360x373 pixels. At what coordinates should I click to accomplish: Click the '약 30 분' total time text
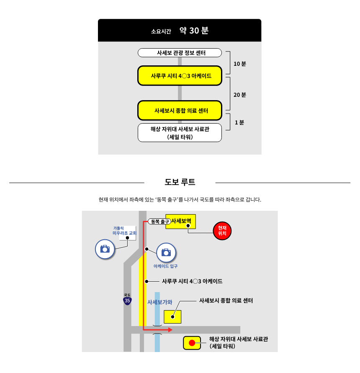point(194,31)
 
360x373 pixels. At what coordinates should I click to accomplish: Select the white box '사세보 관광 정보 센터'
point(180,53)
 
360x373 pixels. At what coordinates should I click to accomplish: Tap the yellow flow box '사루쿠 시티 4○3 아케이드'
point(180,76)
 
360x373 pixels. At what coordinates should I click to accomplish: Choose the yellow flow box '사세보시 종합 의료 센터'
point(180,111)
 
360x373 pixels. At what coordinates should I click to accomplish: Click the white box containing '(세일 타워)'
point(180,132)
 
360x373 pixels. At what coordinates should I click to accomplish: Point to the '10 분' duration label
point(240,64)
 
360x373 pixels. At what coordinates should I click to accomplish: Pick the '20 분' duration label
point(240,95)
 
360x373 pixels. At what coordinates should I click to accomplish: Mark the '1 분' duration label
point(239,122)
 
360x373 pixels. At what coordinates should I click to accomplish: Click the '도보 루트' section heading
point(180,182)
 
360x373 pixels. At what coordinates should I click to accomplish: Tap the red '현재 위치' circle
point(222,230)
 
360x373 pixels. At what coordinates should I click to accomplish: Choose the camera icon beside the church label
point(105,249)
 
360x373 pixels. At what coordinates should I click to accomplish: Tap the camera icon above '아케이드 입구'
point(166,252)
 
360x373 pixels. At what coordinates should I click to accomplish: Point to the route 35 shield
point(127,300)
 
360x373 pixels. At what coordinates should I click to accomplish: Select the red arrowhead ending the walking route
point(170,330)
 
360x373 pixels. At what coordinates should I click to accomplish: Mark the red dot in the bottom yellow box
point(192,343)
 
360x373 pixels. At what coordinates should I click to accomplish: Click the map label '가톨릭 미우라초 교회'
point(124,231)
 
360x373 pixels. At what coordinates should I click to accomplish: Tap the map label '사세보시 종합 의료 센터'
point(226,301)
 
